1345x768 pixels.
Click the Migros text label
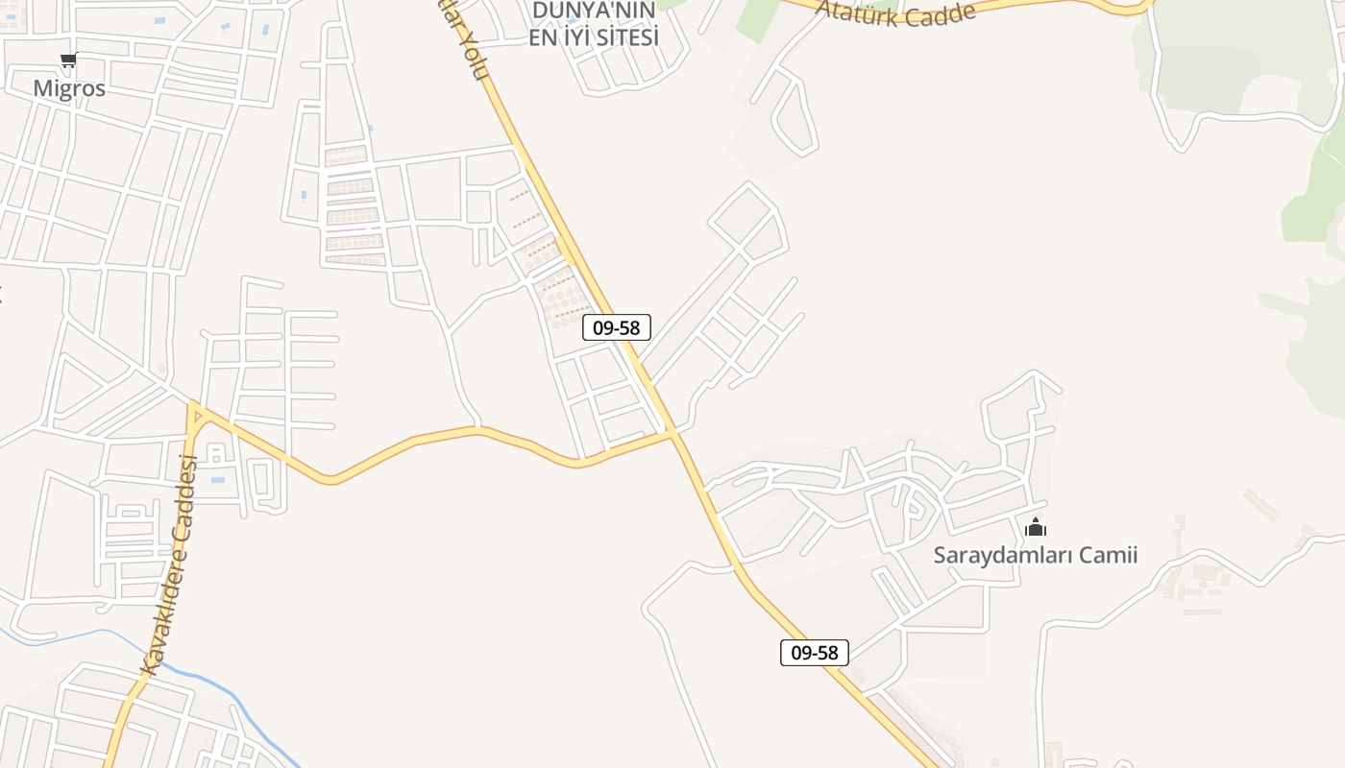pyautogui.click(x=69, y=87)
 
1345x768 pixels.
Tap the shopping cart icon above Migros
pyautogui.click(x=68, y=61)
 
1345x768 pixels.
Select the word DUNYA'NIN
pyautogui.click(x=594, y=11)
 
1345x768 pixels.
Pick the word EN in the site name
pyautogui.click(x=543, y=37)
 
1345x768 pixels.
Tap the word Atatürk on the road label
pyautogui.click(x=856, y=12)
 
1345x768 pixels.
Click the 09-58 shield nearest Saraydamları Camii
pyautogui.click(x=814, y=653)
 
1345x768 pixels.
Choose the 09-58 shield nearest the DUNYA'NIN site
pyautogui.click(x=617, y=327)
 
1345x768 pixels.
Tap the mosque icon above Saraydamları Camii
pyautogui.click(x=1036, y=527)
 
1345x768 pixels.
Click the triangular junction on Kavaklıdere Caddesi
pyautogui.click(x=195, y=414)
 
